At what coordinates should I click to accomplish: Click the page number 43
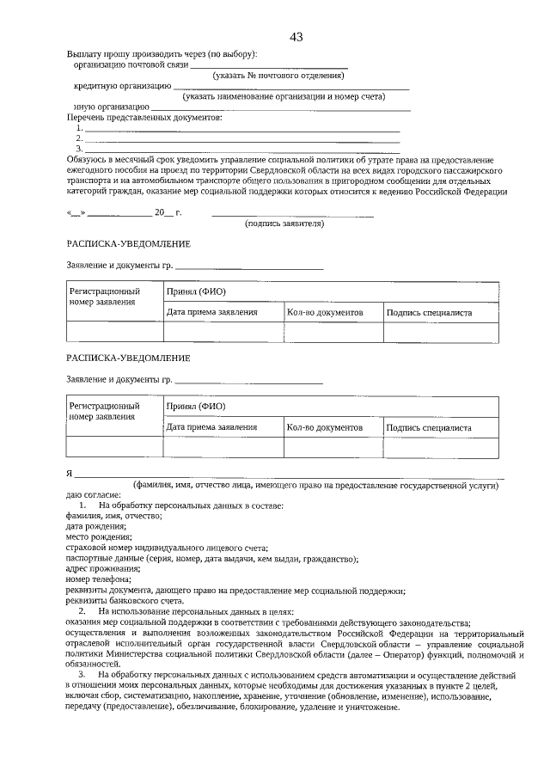click(296, 36)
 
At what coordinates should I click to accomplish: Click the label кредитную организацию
click(122, 86)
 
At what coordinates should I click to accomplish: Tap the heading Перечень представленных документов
click(144, 117)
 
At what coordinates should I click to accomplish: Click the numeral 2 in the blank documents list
click(78, 138)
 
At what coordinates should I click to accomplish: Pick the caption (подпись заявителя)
click(284, 223)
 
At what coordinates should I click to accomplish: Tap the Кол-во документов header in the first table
click(326, 313)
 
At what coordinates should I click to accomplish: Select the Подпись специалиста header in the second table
click(429, 426)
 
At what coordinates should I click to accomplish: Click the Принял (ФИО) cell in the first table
click(196, 292)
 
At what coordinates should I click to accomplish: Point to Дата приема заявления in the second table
click(211, 426)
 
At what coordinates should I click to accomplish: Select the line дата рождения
click(96, 526)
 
